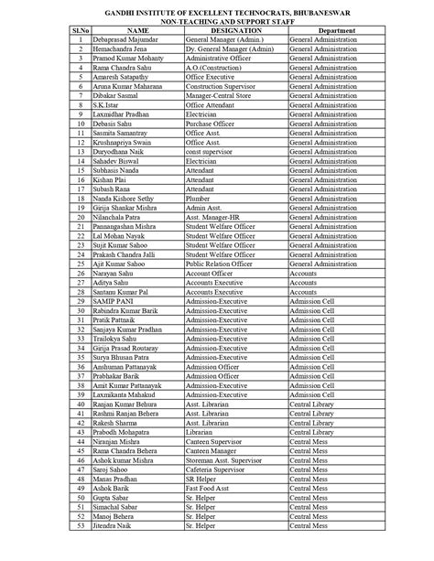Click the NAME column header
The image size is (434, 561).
pyautogui.click(x=125, y=31)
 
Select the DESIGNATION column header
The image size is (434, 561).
pyautogui.click(x=223, y=31)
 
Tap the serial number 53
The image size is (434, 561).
pyautogui.click(x=81, y=527)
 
